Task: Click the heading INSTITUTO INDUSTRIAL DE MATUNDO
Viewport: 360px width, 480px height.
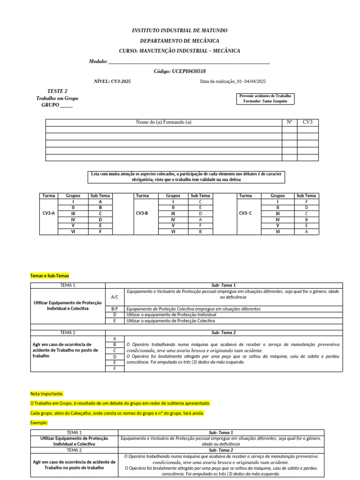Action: pyautogui.click(x=180, y=30)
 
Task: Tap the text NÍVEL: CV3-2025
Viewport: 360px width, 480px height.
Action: pyautogui.click(x=112, y=82)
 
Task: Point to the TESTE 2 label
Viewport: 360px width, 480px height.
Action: pyautogui.click(x=57, y=91)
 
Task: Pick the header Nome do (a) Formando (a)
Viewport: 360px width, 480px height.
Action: pyautogui.click(x=164, y=122)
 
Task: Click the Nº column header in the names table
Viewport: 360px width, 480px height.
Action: pyautogui.click(x=289, y=122)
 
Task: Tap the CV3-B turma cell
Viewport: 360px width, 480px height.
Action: pyautogui.click(x=142, y=213)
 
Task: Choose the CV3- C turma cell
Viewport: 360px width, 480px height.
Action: pyautogui.click(x=245, y=213)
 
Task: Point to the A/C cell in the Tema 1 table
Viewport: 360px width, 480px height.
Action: pyautogui.click(x=115, y=297)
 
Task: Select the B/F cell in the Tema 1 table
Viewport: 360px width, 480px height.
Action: pyautogui.click(x=115, y=309)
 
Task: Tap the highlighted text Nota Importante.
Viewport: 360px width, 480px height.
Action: pyautogui.click(x=47, y=394)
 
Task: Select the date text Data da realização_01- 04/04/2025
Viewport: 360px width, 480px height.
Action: pyautogui.click(x=233, y=82)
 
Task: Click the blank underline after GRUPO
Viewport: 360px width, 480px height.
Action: pyautogui.click(x=67, y=105)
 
